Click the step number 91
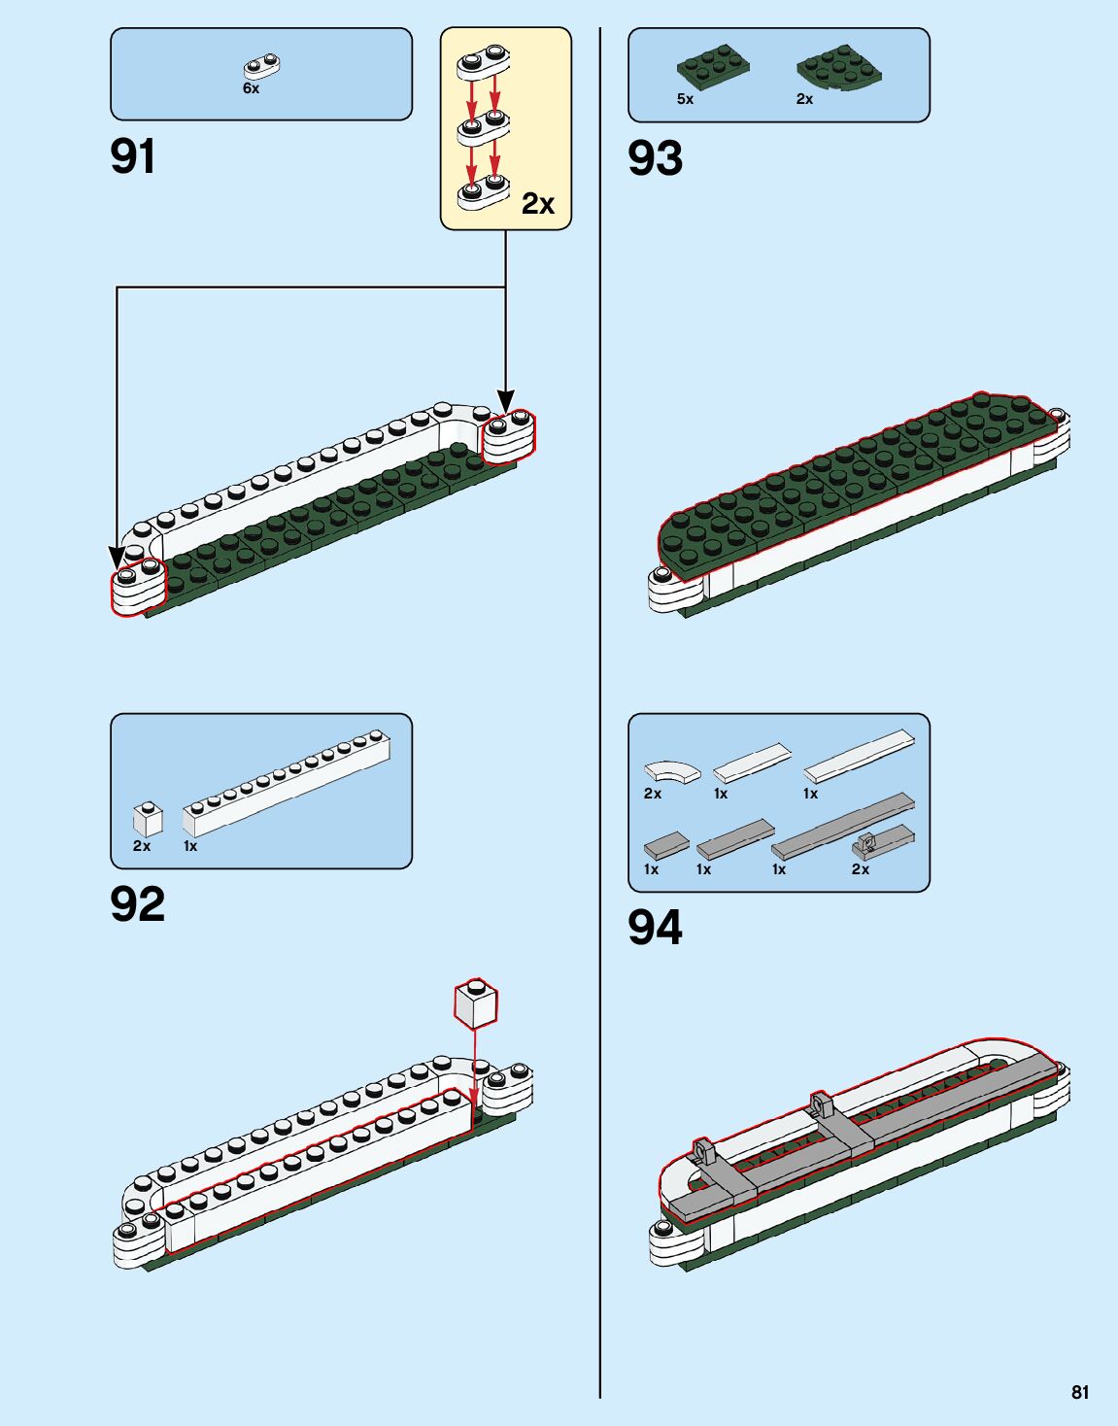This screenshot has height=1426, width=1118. [133, 156]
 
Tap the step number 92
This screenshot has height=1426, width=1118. [138, 904]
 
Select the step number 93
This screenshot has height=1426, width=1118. [656, 158]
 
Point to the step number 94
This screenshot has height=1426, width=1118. [656, 928]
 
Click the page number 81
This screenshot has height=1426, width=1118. [1080, 1392]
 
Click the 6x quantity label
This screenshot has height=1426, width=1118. [251, 88]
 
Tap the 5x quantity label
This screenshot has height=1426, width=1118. [685, 99]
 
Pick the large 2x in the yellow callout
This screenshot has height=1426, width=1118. [537, 203]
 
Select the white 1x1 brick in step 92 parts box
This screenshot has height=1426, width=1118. [148, 819]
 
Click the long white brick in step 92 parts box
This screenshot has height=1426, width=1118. [288, 783]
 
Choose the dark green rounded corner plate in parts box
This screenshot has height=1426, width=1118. [839, 69]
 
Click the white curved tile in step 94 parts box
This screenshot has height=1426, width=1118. [672, 771]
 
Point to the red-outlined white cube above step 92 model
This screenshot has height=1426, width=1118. [475, 1004]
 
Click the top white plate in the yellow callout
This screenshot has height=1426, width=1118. [483, 64]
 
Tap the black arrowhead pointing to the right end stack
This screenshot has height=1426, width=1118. [505, 399]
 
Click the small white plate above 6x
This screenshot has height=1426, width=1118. [261, 67]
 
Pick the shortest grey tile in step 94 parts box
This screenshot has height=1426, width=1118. [666, 844]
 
